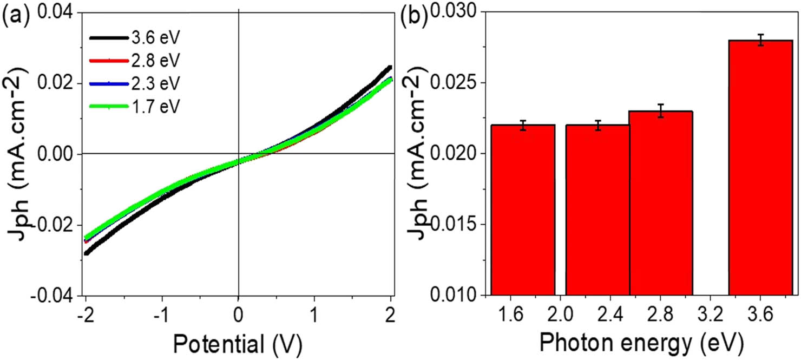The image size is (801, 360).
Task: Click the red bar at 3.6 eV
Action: tap(760, 168)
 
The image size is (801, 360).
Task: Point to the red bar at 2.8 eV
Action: tap(661, 203)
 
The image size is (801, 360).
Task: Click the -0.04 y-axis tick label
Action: tap(56, 296)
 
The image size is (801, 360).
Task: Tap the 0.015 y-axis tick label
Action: tap(455, 225)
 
